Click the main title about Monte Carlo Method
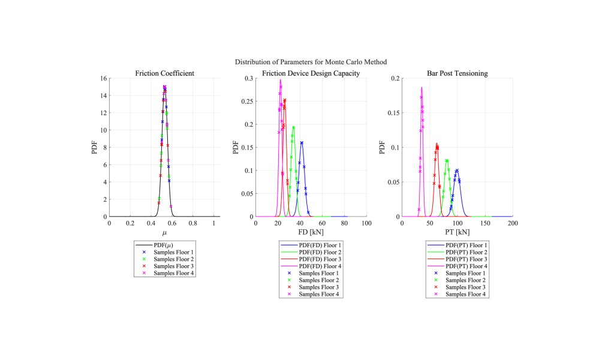click(311, 62)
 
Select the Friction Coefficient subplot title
click(164, 73)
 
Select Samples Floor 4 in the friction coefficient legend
click(174, 273)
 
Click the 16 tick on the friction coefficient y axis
click(103, 79)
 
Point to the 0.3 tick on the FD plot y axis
click(248, 79)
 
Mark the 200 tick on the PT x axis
click(513, 223)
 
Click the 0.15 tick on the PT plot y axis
click(394, 113)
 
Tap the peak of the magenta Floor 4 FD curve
click(280, 80)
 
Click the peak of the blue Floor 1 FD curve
click(302, 142)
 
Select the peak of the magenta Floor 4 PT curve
click(422, 88)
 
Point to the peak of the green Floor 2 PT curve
click(447, 160)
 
